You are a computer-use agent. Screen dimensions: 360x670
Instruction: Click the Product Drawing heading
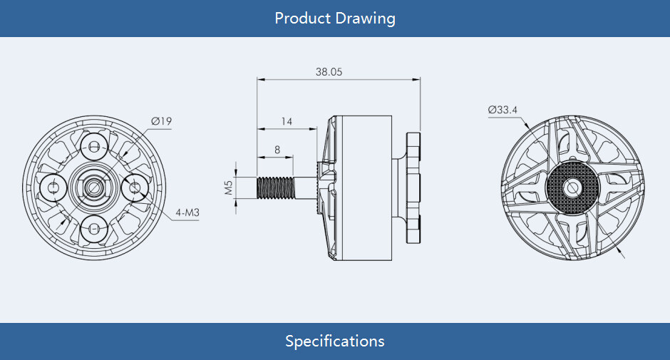[x=334, y=18]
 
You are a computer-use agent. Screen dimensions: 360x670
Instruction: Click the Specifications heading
[x=334, y=341]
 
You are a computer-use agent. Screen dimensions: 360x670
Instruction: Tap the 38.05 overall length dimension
[x=329, y=72]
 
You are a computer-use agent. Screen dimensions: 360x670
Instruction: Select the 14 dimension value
[x=287, y=122]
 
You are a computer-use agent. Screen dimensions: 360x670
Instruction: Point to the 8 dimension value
[x=277, y=150]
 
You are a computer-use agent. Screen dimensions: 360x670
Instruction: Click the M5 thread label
[x=229, y=187]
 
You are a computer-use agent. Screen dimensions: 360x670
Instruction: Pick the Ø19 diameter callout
[x=161, y=121]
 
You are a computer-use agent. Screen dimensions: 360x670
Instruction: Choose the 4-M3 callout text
[x=187, y=212]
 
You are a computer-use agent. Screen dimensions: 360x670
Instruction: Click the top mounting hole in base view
[x=94, y=148]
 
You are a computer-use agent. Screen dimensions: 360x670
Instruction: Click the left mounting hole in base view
[x=54, y=187]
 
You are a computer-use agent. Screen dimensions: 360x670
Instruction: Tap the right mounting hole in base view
[x=135, y=187]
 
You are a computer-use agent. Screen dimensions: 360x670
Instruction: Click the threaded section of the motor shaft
[x=275, y=187]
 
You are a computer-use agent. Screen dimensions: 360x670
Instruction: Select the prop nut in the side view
[x=413, y=187]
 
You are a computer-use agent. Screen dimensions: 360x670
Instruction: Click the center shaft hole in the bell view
[x=572, y=187]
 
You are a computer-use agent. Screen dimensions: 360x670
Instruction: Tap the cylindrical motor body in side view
[x=367, y=187]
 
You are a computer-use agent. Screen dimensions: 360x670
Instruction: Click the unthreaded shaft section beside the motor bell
[x=305, y=187]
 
